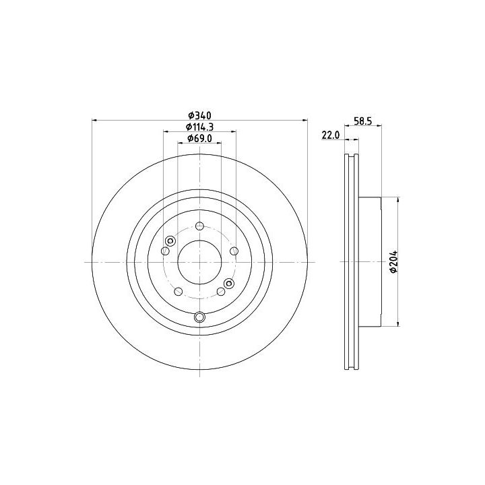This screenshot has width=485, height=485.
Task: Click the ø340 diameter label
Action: [x=200, y=116]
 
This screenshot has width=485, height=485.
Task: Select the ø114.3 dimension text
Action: [x=199, y=127]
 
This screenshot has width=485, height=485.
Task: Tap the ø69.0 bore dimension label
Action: [x=199, y=139]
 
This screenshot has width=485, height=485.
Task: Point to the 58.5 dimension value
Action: [x=362, y=121]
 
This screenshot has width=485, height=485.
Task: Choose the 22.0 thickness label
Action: [x=331, y=135]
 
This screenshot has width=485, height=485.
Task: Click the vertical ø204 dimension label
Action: [x=394, y=261]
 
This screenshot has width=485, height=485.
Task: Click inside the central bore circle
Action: [x=199, y=262]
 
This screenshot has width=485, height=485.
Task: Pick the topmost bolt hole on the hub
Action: [x=200, y=226]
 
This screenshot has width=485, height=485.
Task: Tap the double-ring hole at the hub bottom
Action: [x=200, y=317]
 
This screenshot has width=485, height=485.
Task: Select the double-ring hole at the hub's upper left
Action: [x=170, y=240]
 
